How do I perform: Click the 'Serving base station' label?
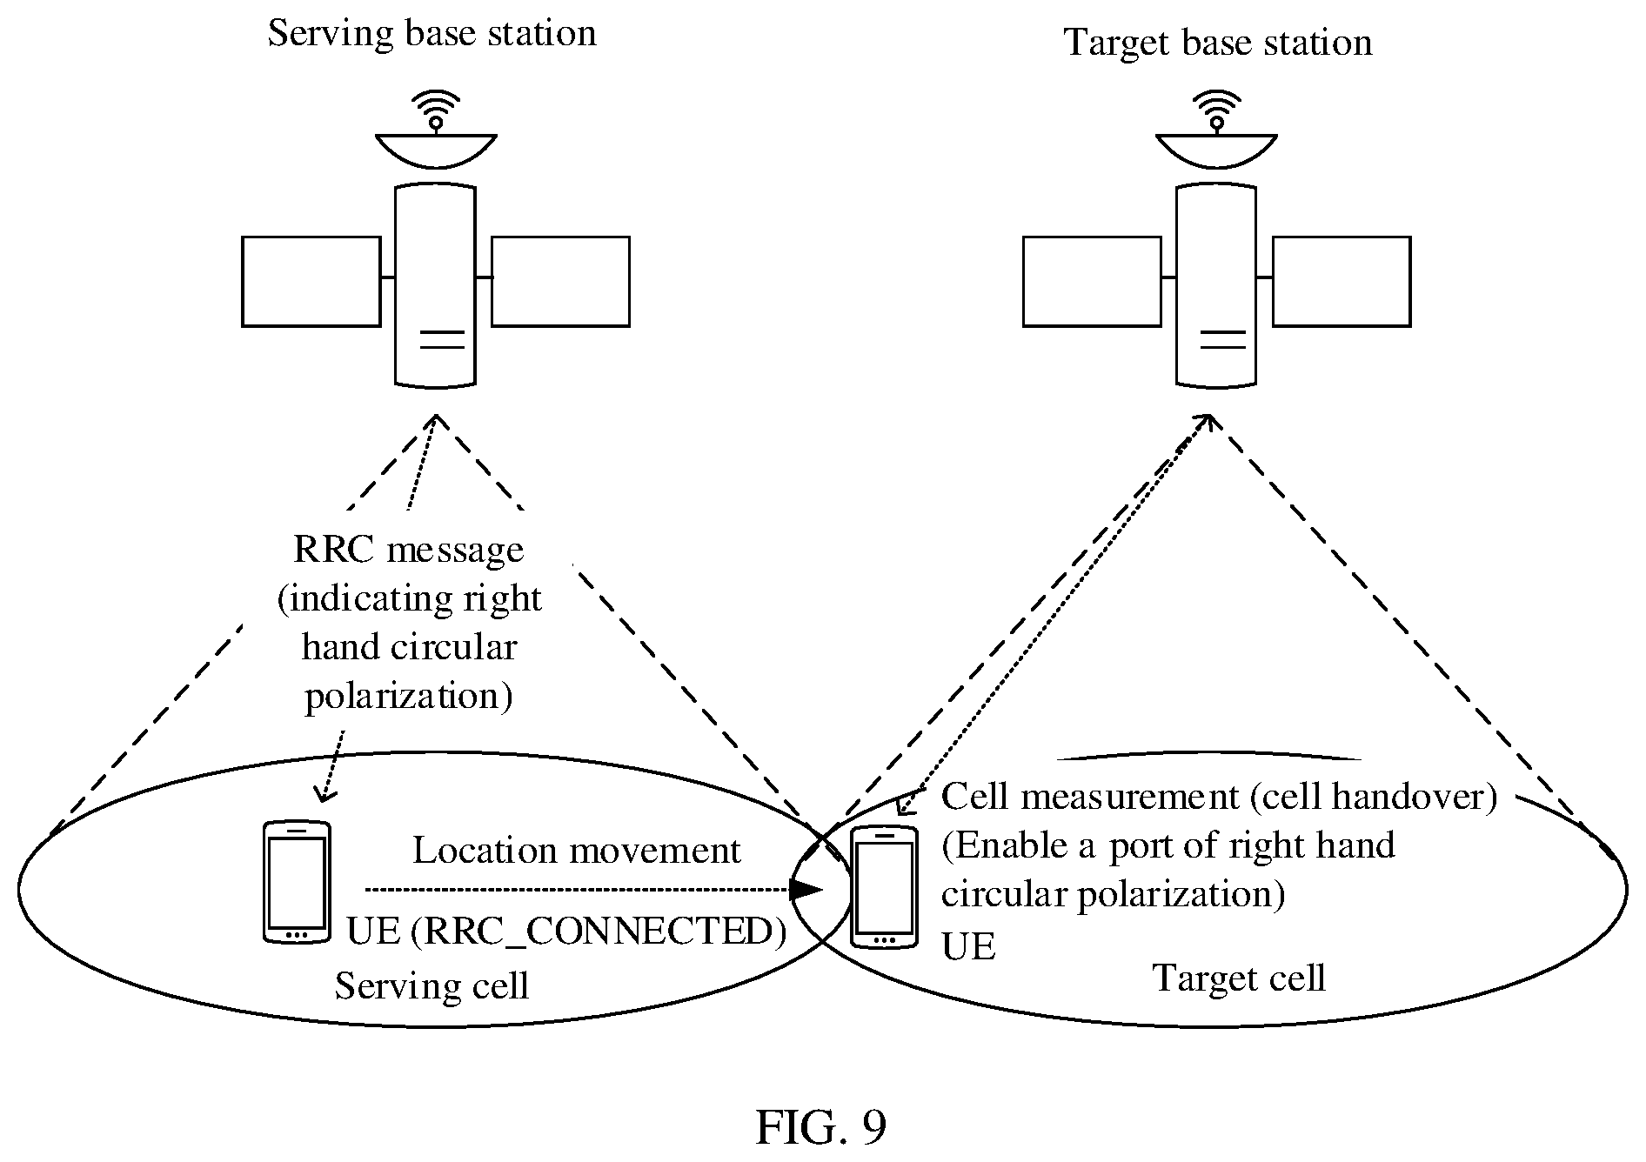coord(432,34)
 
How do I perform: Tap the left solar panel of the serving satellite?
coord(311,281)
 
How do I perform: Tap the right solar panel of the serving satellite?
coord(560,281)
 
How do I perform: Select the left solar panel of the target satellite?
coord(1092,281)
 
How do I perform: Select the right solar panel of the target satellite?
coord(1342,281)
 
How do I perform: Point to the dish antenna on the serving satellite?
coord(436,150)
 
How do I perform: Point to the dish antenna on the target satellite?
coord(1216,150)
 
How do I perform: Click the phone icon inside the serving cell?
coord(297,881)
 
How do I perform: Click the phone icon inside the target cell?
coord(885,886)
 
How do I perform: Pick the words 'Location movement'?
coord(577,851)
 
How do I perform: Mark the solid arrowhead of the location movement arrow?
coord(806,889)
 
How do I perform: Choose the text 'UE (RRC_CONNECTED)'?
coord(567,932)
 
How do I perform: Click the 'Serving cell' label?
coord(432,986)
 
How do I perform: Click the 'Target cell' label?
coord(1239,978)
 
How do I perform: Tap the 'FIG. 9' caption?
coord(821,1127)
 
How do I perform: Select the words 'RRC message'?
coord(409,551)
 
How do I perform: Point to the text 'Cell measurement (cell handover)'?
coord(1220,797)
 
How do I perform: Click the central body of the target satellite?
coord(1216,284)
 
